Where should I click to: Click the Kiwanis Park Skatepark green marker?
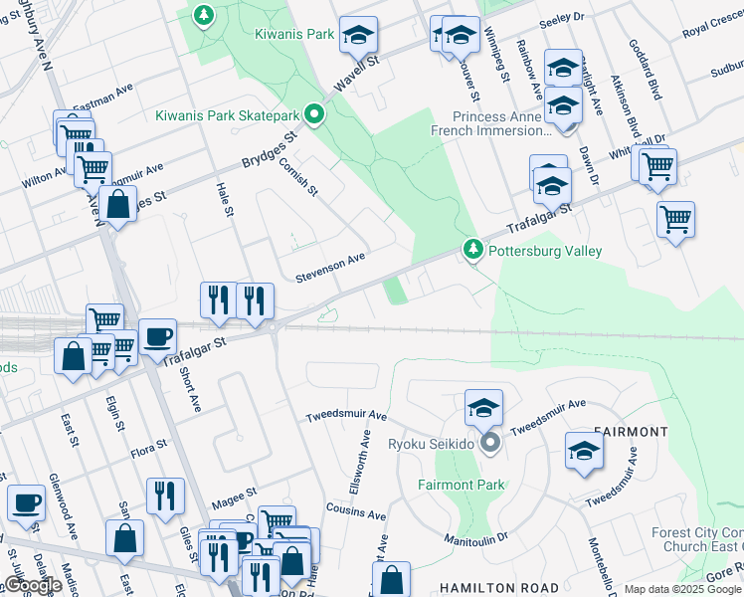pos(314,115)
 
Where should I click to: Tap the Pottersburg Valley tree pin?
pos(474,250)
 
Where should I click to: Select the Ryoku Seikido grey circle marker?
pos(488,443)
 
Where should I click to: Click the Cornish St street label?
pos(297,175)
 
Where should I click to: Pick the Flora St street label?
pos(148,451)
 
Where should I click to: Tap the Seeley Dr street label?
pos(562,19)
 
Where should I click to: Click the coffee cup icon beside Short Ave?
pos(157,337)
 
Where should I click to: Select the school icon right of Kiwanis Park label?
pos(358,35)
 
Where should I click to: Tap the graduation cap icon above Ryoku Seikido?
pos(483,408)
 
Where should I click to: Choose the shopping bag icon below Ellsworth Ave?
pos(392,579)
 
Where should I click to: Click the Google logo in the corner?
pos(33,585)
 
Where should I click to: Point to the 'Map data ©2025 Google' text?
pos(682,589)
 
